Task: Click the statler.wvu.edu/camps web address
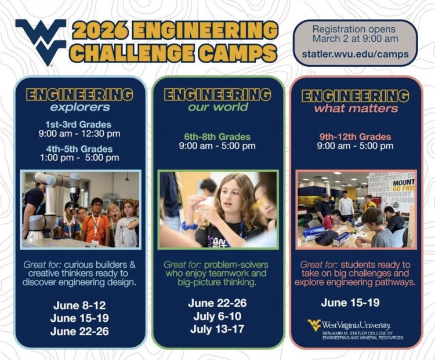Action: pos(355,54)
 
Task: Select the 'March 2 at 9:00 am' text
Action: pos(355,38)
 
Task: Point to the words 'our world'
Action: pos(217,107)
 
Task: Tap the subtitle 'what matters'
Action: pos(356,108)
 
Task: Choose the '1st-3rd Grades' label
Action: pos(78,125)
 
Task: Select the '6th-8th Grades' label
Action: pos(217,137)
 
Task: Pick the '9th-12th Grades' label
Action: pos(356,137)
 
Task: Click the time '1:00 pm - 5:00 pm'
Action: pos(79,158)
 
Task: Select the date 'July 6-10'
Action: pos(217,316)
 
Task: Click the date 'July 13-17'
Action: pos(217,329)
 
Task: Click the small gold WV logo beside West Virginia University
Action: pos(314,325)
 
